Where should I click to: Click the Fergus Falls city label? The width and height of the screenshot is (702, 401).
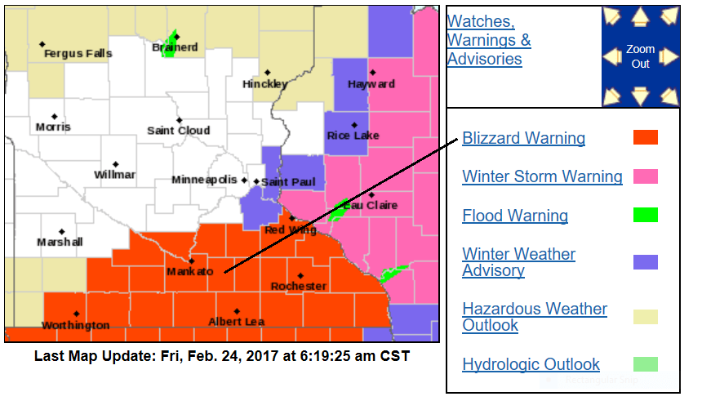pos(78,54)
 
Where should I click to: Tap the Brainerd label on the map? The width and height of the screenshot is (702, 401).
pos(175,48)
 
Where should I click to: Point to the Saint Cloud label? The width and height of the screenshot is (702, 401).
pos(178,130)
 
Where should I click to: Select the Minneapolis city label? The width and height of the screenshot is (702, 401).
pos(204,180)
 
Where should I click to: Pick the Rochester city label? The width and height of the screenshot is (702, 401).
pos(299,286)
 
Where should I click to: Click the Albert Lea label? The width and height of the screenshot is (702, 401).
pos(237,322)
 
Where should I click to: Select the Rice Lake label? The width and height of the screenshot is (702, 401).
pos(353,136)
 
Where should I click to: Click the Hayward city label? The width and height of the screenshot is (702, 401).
pos(371,84)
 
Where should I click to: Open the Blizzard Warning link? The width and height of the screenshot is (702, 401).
pos(523,138)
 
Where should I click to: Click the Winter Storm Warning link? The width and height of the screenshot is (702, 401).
pos(542,176)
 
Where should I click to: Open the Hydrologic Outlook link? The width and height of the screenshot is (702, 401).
pos(531,364)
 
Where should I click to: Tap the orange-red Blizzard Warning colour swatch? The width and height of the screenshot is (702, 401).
pos(645,137)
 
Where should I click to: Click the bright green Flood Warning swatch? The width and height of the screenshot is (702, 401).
pos(645,216)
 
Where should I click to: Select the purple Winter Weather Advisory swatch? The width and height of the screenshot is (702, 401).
pos(645,262)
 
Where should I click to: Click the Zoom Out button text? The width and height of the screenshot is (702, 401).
pos(641,56)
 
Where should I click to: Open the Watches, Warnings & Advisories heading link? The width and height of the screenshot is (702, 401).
pos(488,40)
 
